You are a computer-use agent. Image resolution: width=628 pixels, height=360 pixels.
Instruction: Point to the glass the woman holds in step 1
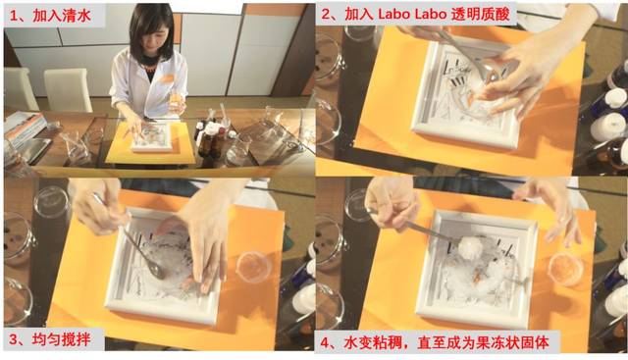pos(177,100)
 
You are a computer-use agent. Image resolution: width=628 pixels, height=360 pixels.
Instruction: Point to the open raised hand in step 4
pos(549,202)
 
